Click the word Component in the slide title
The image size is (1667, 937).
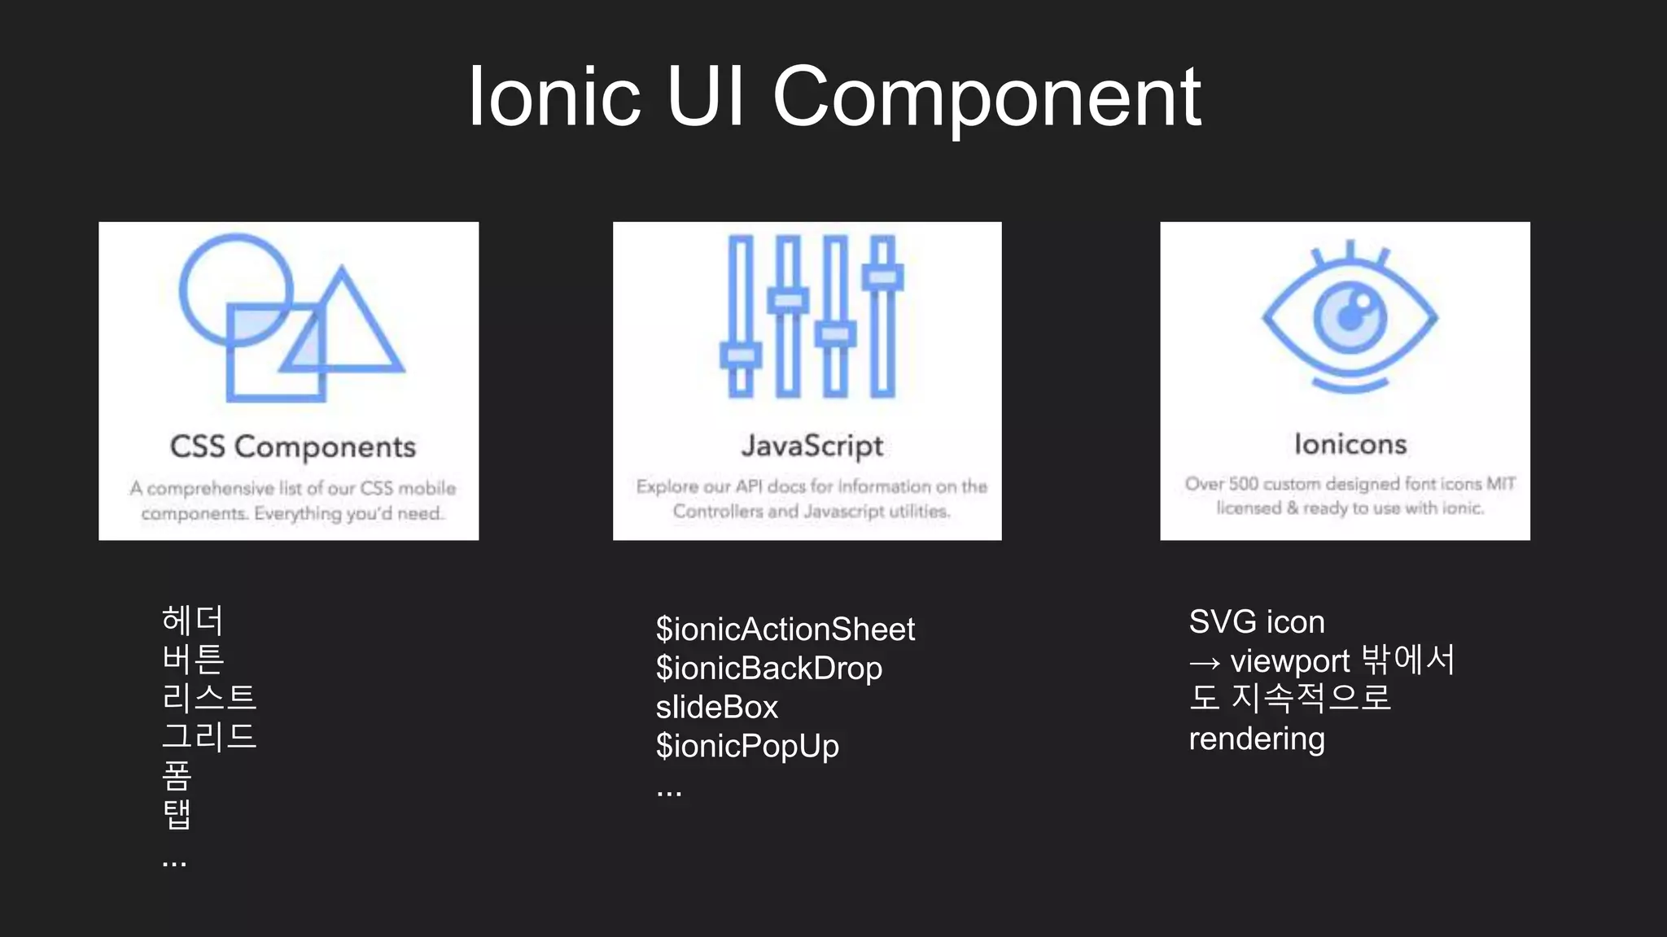tap(987, 98)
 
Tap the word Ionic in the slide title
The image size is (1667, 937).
tap(554, 98)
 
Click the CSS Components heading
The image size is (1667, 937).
tap(293, 447)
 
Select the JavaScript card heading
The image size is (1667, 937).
tap(812, 446)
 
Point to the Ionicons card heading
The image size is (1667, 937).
tap(1350, 444)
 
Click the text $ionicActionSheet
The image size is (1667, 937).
tap(785, 630)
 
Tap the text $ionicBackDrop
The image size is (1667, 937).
tap(769, 669)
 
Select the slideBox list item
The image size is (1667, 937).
tap(717, 708)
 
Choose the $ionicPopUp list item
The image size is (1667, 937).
tap(747, 747)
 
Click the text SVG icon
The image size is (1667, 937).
tap(1257, 622)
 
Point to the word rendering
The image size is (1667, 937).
tap(1257, 739)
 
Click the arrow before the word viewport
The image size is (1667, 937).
tap(1205, 664)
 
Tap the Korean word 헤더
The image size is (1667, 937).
tap(192, 621)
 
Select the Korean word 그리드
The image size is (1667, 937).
tap(209, 737)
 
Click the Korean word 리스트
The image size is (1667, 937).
tap(209, 698)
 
